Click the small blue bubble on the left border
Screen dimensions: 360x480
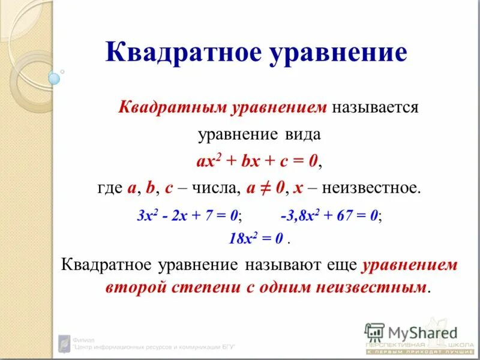(55, 78)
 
